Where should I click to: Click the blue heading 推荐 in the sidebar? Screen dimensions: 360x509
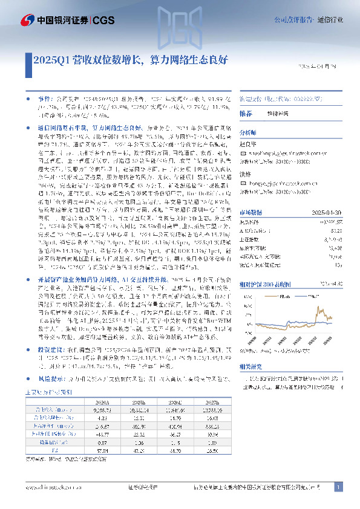tap(246, 114)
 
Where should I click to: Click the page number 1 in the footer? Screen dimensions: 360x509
tap(338, 487)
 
